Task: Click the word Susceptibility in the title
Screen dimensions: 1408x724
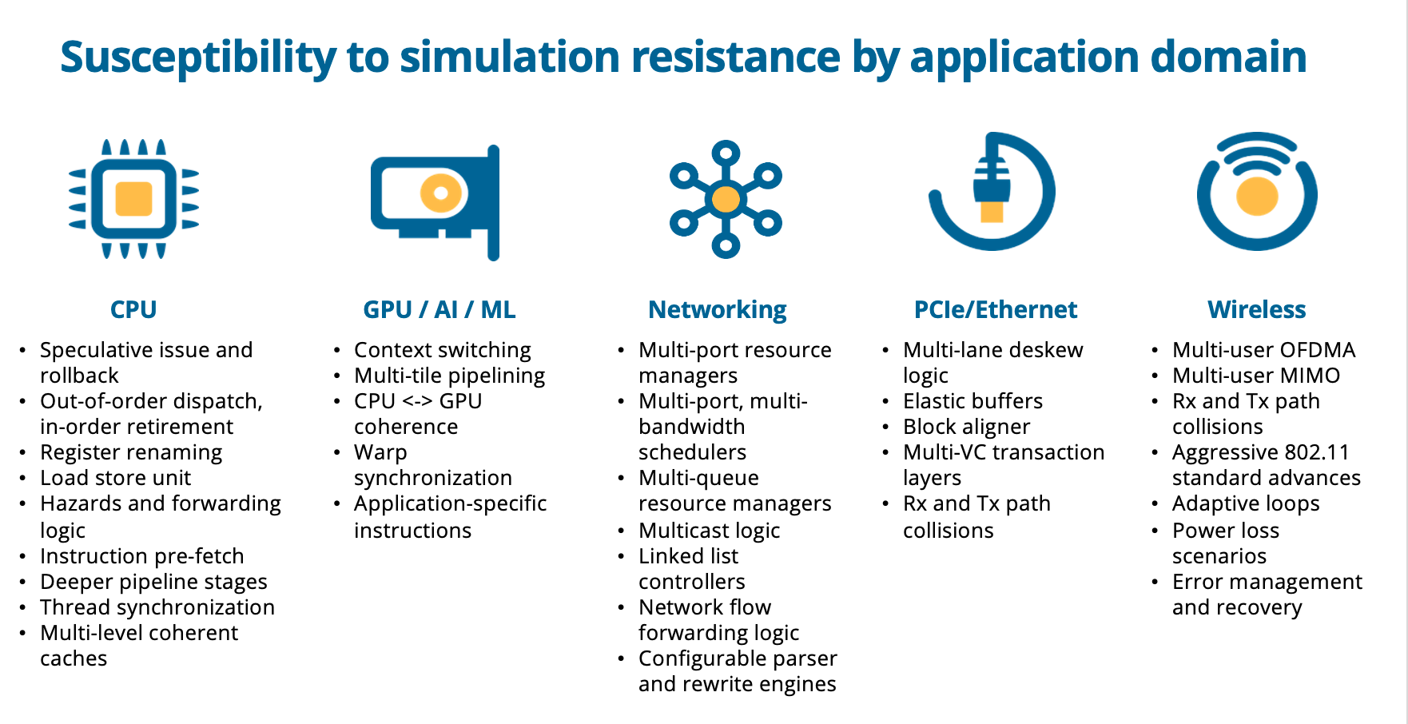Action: click(x=199, y=58)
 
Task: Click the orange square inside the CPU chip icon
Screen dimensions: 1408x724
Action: click(x=133, y=198)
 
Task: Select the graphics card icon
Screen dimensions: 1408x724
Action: click(x=436, y=202)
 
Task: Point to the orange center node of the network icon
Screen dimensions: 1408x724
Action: click(x=726, y=198)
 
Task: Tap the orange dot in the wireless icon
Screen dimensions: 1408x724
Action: click(x=1257, y=196)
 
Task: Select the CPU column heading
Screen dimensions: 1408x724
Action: click(x=133, y=309)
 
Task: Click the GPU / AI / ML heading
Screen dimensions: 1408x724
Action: click(x=440, y=309)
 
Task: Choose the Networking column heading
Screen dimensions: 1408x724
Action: click(x=718, y=310)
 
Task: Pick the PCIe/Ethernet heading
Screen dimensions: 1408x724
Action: click(x=996, y=309)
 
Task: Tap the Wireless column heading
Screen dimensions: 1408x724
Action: click(x=1257, y=309)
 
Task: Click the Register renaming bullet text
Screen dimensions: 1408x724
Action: click(x=131, y=453)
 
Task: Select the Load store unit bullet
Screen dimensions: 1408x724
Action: click(x=116, y=478)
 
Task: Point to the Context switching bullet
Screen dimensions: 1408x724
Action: click(x=443, y=351)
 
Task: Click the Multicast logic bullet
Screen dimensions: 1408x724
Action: click(x=710, y=531)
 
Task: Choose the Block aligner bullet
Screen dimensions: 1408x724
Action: click(x=967, y=428)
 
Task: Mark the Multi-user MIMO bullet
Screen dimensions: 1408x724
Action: click(x=1256, y=376)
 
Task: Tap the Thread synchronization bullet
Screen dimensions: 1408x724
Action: click(x=157, y=608)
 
